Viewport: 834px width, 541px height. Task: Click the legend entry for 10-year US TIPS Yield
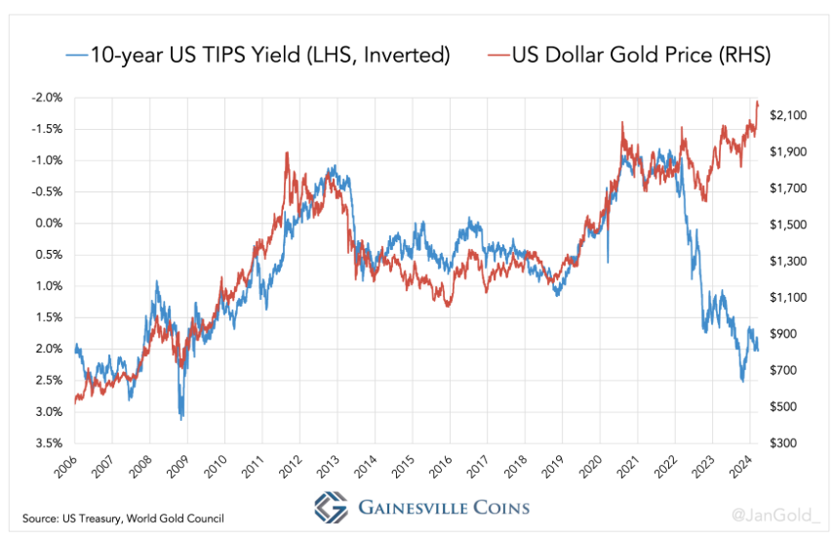pyautogui.click(x=258, y=55)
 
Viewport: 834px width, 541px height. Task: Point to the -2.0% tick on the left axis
pyautogui.click(x=47, y=98)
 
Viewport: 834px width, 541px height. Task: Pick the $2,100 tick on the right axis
pyautogui.click(x=788, y=116)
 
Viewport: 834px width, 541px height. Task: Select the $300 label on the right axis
pyautogui.click(x=783, y=443)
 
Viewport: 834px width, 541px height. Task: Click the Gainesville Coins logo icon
pyautogui.click(x=331, y=507)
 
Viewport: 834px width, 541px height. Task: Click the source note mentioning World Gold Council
pyautogui.click(x=123, y=518)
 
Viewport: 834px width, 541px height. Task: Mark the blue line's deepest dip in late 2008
pyautogui.click(x=180, y=418)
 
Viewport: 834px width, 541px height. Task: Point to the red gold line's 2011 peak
pyautogui.click(x=286, y=153)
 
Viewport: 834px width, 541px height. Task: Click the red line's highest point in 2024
pyautogui.click(x=758, y=102)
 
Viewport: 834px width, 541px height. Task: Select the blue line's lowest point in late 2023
pyautogui.click(x=742, y=380)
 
